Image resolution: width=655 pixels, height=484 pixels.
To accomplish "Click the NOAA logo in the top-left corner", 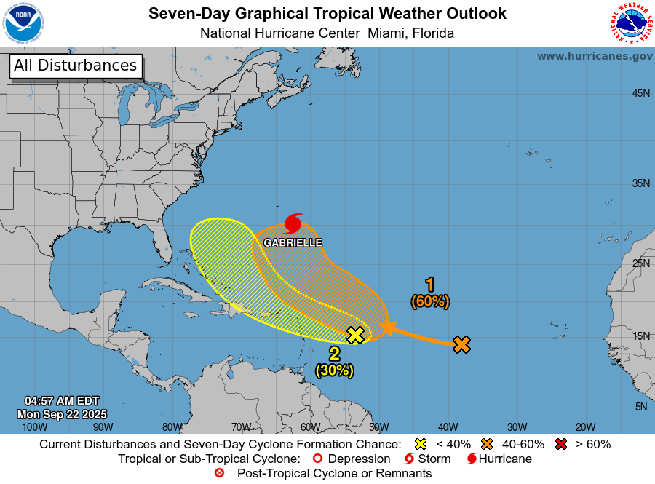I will pos(23,23).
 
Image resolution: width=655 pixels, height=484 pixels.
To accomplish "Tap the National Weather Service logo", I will pos(630,23).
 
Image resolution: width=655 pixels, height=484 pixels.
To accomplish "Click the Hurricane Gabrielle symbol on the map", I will pos(293,223).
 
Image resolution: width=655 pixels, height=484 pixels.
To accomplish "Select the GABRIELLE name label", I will pos(293,242).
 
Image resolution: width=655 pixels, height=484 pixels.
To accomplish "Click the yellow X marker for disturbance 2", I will pos(355,335).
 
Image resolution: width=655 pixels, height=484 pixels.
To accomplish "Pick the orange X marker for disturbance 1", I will pos(461,344).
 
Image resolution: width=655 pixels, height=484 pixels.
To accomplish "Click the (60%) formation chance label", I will pos(430,301).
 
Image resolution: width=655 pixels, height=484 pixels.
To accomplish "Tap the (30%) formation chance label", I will pos(334,370).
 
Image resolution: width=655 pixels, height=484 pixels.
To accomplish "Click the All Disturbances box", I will pos(75,66).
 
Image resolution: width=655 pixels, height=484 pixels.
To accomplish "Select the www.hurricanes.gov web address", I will pos(595,56).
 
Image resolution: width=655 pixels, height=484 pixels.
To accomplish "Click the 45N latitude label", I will pos(640,93).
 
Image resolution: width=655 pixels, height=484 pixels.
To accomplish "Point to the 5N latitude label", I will pos(640,407).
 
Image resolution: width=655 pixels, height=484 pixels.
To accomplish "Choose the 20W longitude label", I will pos(586,427).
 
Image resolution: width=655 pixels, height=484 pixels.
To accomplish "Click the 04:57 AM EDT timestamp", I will pos(62,401).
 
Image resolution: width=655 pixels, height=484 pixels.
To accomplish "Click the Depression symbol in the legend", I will pos(317,459).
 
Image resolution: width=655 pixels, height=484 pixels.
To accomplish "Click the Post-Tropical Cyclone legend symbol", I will pos(219,474).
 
